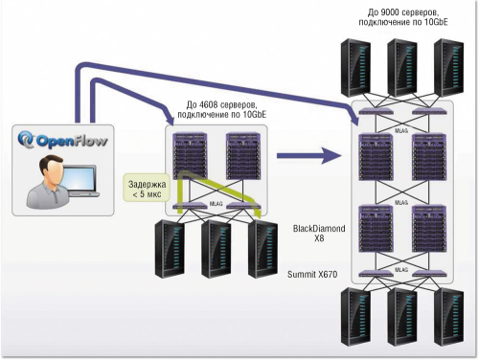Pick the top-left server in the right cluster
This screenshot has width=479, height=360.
click(356, 61)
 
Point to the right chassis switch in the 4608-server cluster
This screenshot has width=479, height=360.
click(242, 154)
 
